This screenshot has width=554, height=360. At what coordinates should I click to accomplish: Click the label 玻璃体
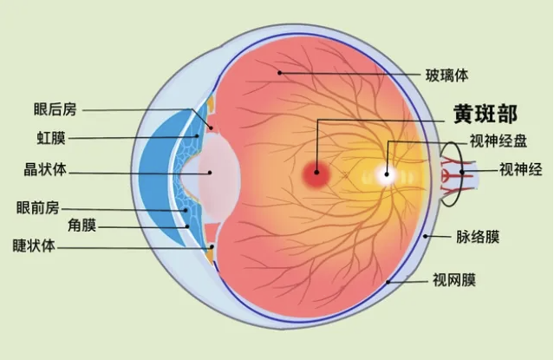coord(446,75)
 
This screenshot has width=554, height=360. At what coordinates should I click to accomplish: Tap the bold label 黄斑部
coord(486,114)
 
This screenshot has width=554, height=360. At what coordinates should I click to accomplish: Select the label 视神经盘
coord(499,141)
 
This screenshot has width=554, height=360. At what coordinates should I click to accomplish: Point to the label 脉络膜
coord(478,237)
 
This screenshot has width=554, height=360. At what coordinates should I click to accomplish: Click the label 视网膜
coord(454,280)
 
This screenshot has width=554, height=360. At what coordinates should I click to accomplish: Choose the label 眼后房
coord(55,109)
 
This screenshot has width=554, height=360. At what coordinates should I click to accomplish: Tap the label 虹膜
coord(51,138)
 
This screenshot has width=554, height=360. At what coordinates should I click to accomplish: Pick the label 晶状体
coord(45,169)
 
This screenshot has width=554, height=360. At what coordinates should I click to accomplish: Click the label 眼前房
coord(38,207)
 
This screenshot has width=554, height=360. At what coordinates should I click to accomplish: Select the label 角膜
coord(82,226)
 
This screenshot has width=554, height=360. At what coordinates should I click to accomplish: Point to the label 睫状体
coord(34,245)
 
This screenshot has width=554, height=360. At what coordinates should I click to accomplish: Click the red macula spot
coord(316,173)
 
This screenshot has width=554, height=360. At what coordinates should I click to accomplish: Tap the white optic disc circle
coord(386,174)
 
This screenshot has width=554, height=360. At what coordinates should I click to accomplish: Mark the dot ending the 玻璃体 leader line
coord(279,73)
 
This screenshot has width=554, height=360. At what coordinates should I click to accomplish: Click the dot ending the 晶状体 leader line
coord(210,173)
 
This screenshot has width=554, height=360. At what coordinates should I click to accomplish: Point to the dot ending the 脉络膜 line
coord(426,236)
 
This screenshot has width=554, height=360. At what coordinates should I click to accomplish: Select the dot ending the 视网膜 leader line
coord(388,282)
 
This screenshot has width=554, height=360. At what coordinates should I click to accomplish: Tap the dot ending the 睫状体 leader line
coord(212,246)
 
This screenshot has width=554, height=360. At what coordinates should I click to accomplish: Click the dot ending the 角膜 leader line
coord(187,226)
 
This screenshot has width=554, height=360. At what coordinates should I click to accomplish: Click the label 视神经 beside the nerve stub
coord(521,169)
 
